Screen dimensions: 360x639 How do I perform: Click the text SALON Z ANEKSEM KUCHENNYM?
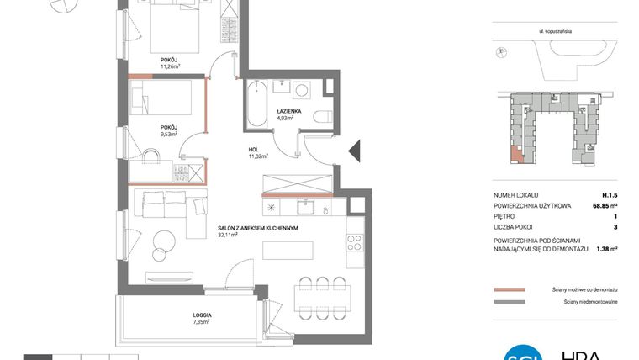[258, 228]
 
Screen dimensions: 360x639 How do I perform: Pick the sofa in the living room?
[168, 203]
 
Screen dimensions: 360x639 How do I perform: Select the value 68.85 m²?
[604, 204]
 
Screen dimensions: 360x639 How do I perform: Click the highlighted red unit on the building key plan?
[515, 155]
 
